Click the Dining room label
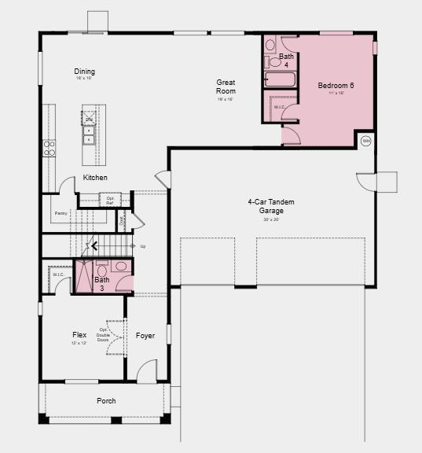[85, 72]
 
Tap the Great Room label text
[226, 87]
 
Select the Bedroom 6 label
[336, 85]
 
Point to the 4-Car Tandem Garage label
[271, 206]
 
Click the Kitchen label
[95, 178]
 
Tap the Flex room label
[79, 335]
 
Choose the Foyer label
[145, 335]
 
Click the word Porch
[106, 401]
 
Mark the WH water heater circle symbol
[365, 142]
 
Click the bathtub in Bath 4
[279, 80]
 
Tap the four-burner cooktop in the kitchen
[50, 148]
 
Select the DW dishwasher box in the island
[89, 119]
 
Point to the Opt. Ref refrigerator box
[110, 200]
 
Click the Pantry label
[61, 213]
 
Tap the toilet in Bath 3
[121, 266]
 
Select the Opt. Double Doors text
[103, 336]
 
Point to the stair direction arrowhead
[94, 246]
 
